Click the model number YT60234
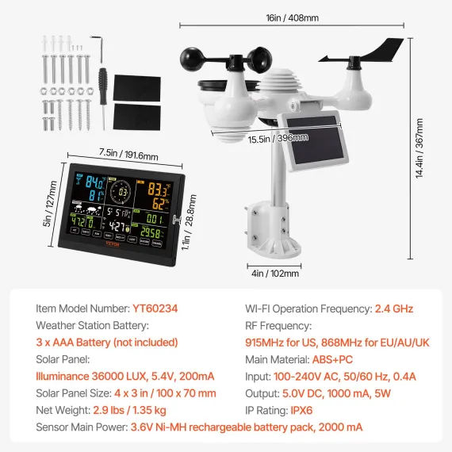(155, 308)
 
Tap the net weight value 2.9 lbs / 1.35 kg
(142, 411)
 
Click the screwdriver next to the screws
(103, 86)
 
